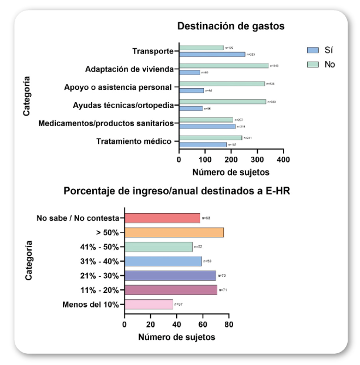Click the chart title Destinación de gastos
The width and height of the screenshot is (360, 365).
click(x=231, y=26)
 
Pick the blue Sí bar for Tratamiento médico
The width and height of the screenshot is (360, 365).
click(x=203, y=144)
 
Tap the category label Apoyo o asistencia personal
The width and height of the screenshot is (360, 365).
click(x=117, y=87)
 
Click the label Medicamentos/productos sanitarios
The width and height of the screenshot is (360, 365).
click(x=106, y=123)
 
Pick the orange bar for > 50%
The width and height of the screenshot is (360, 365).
click(x=174, y=232)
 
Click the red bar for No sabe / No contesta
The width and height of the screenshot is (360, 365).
click(x=162, y=218)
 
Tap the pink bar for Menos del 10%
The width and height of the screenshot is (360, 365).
click(x=149, y=304)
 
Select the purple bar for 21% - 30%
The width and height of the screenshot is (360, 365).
click(x=170, y=275)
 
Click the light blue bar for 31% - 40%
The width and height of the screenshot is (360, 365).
click(x=163, y=261)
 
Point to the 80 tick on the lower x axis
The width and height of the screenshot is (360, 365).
click(x=228, y=323)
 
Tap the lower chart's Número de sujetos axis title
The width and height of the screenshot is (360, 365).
click(x=176, y=337)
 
